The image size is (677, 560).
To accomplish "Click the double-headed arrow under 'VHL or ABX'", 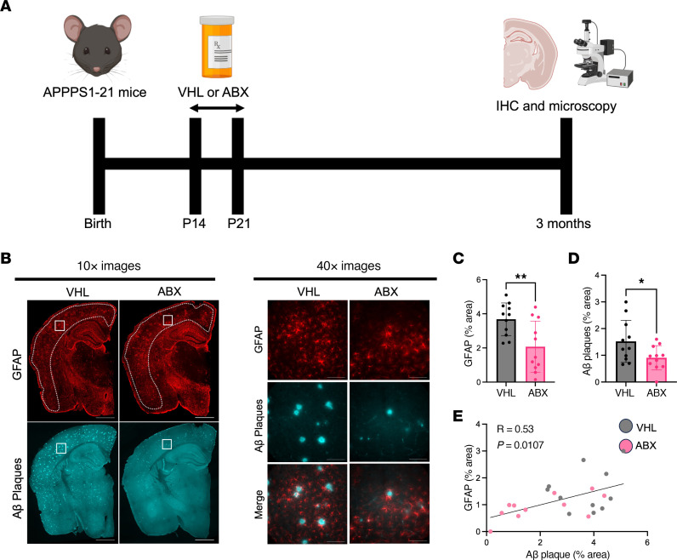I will pyautogui.click(x=216, y=108).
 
